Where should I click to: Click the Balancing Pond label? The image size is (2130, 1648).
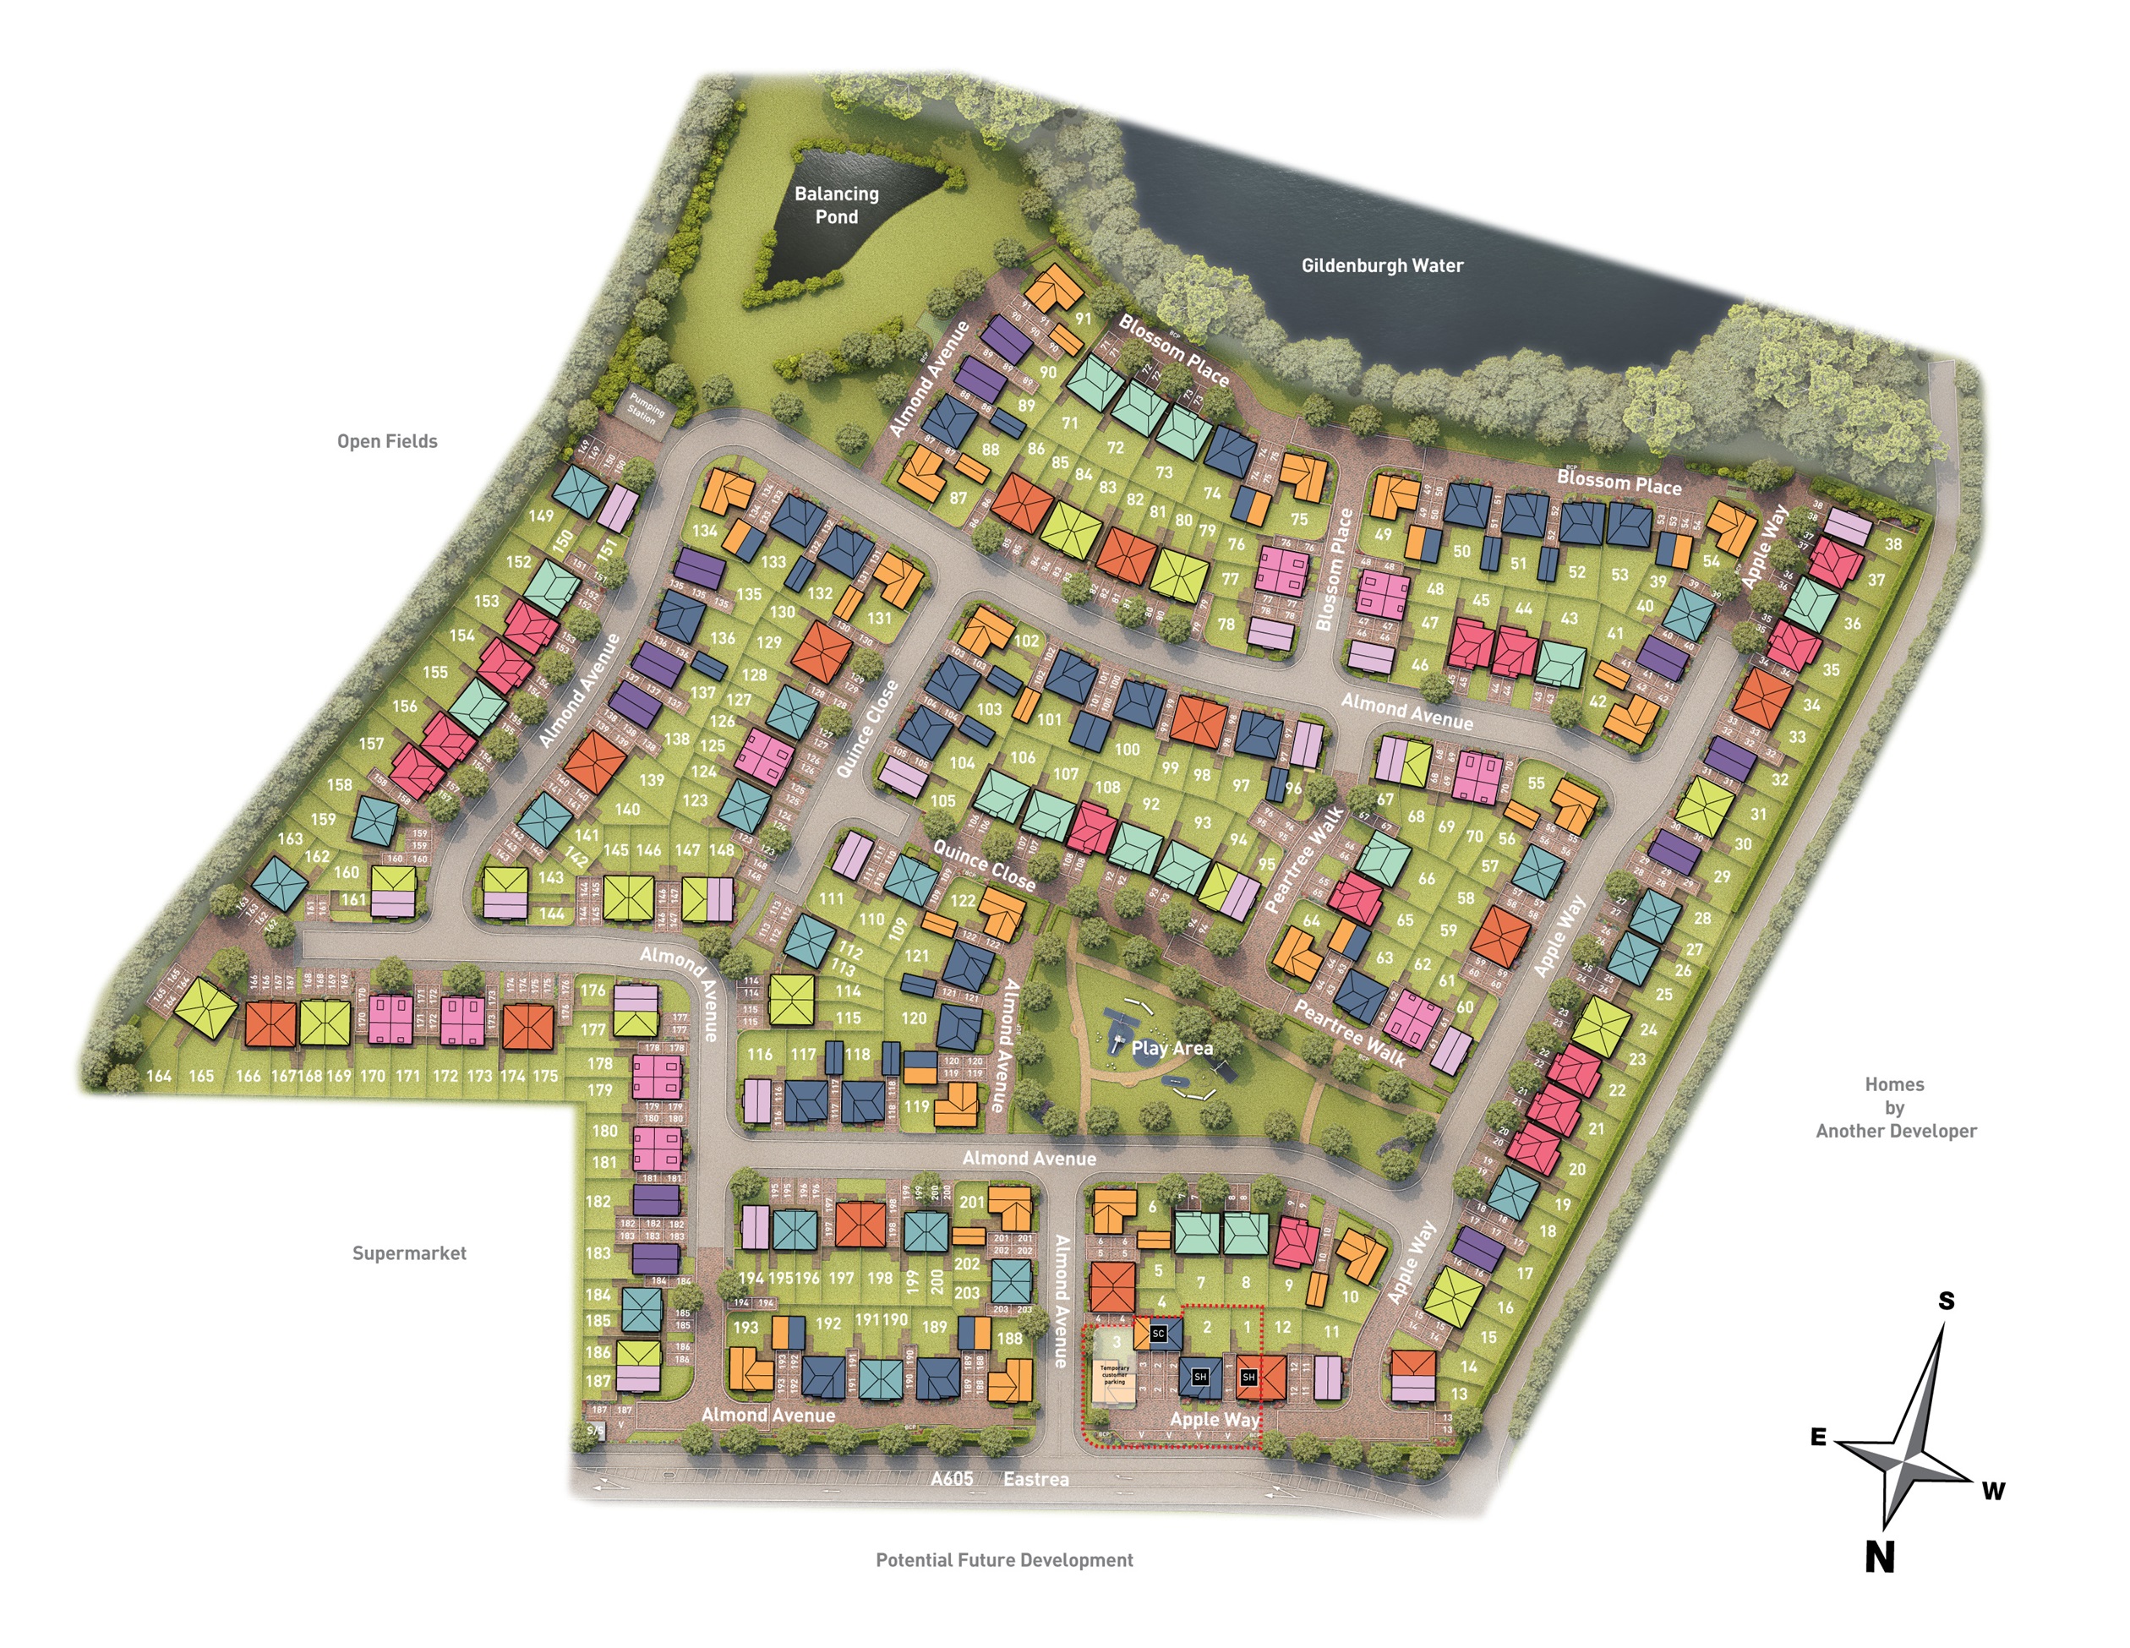point(836,205)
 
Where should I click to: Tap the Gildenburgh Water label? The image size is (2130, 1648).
point(1382,265)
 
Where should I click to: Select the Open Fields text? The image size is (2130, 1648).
point(387,441)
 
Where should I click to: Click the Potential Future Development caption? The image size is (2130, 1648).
point(1003,1560)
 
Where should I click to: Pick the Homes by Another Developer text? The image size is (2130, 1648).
point(1895,1108)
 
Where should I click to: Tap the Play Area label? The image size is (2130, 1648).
point(1171,1048)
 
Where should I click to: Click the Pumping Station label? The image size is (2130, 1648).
point(645,407)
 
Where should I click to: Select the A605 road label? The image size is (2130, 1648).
point(951,1478)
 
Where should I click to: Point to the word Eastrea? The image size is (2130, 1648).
point(1035,1479)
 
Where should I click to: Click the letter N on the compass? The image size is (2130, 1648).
point(1879,1558)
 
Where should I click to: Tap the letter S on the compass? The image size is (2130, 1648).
point(1946,1300)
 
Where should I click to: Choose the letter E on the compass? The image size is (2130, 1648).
point(1818,1438)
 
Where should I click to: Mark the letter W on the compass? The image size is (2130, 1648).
point(1992,1491)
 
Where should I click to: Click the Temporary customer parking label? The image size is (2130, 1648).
point(1114,1374)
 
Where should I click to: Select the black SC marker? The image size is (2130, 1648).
point(1159,1333)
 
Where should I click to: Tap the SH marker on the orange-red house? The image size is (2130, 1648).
point(1248,1377)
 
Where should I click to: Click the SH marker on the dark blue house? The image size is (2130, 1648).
point(1200,1377)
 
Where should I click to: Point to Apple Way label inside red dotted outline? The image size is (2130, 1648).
point(1215,1419)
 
